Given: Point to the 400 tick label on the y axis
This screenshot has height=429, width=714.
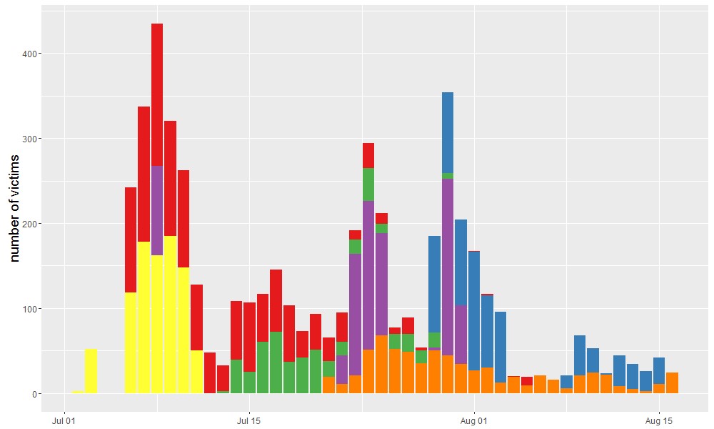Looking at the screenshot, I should tap(34, 54).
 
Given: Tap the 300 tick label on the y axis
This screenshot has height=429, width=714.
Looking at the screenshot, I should tap(34, 139).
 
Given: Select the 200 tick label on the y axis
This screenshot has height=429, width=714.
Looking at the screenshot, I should tap(34, 224).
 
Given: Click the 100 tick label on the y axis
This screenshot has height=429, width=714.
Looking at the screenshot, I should tap(34, 309).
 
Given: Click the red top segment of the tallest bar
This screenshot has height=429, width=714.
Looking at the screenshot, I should tap(157, 93).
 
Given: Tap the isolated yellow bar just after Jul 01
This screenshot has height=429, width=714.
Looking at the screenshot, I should tap(91, 371).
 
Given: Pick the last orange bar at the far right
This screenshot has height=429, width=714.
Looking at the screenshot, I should tap(672, 383).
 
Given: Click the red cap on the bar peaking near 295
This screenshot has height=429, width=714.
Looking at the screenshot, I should tap(368, 155).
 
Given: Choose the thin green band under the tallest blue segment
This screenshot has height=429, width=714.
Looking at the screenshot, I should tap(448, 176).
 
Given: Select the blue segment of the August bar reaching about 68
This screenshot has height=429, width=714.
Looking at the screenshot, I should tap(580, 355).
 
